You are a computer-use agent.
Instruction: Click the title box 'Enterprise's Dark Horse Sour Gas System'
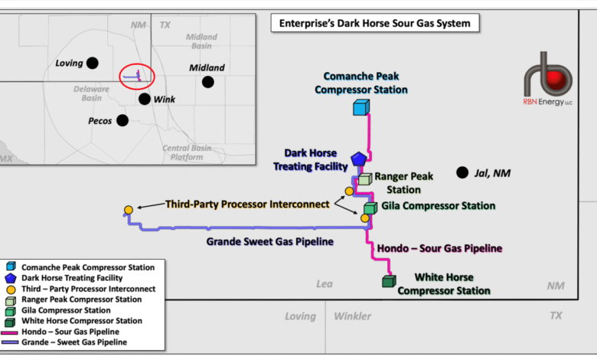coord(374,24)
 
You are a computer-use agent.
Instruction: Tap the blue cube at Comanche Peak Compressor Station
coord(361,107)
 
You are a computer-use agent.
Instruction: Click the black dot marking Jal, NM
coord(462,173)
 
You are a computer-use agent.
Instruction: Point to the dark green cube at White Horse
coord(389,281)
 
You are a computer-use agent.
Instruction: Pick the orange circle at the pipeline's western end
coord(129,210)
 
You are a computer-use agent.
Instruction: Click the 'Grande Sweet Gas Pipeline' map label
coord(269,242)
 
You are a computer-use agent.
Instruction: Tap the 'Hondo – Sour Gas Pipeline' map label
coord(439,248)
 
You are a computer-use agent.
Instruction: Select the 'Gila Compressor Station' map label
coord(438,205)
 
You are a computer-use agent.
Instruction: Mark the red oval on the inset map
coord(137,75)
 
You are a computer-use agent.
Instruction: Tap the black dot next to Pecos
coord(122,120)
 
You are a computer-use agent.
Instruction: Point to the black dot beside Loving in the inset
coord(92,63)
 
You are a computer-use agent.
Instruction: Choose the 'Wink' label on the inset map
coord(165,100)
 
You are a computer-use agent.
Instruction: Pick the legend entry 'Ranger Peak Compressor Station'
coord(80,299)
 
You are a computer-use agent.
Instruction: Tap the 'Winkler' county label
coord(353,316)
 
